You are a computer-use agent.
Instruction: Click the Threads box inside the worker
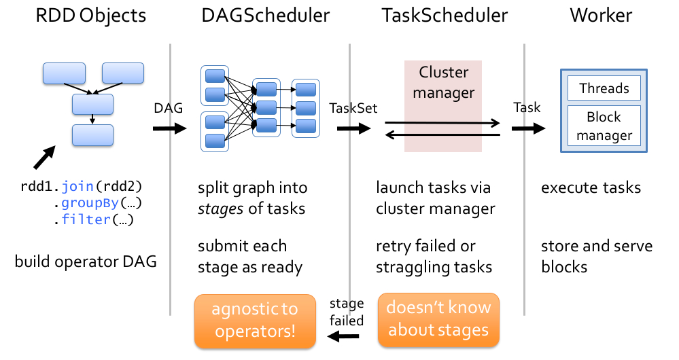(604, 88)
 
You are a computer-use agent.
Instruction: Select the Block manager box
(604, 126)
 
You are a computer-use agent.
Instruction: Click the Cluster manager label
(443, 82)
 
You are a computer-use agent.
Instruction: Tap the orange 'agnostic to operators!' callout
(255, 319)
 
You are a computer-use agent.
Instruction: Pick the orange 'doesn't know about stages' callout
(438, 318)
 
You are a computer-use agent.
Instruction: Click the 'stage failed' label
(347, 311)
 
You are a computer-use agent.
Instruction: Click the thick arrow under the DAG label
(169, 128)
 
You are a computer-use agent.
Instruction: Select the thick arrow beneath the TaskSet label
(353, 128)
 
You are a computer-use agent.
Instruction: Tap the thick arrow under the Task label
(529, 128)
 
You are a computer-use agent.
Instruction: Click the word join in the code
(75, 185)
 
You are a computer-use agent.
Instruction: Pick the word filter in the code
(80, 219)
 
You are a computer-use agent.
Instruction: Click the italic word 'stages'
(221, 209)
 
